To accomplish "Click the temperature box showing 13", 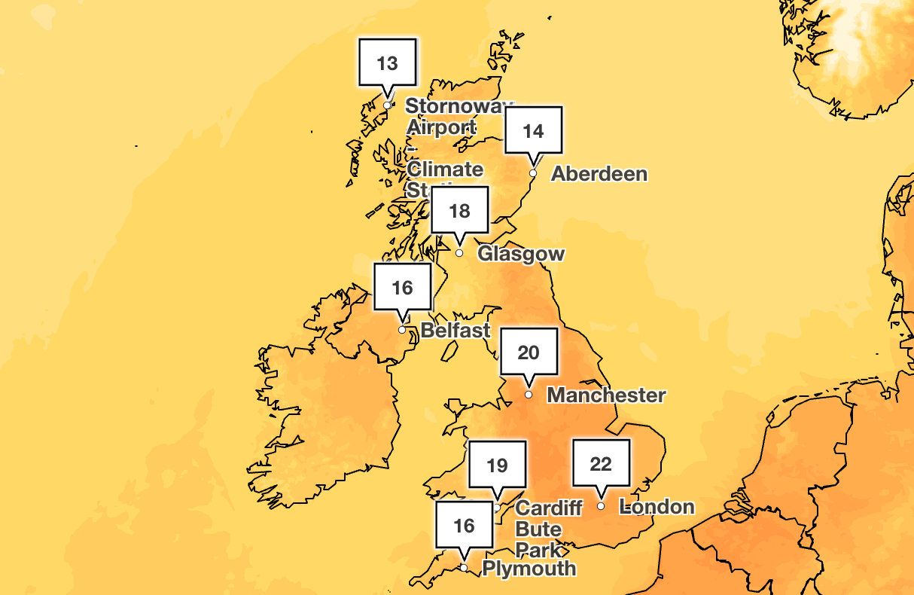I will pyautogui.click(x=387, y=63).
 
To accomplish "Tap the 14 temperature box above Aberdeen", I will pyautogui.click(x=533, y=131).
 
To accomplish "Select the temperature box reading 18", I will pyautogui.click(x=459, y=210).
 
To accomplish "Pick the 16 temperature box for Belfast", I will pyautogui.click(x=403, y=287).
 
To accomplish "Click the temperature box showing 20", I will pyautogui.click(x=529, y=352).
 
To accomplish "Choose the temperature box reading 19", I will pyautogui.click(x=497, y=465).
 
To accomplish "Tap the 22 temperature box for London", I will pyautogui.click(x=601, y=463).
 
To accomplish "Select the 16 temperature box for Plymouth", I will pyautogui.click(x=465, y=525).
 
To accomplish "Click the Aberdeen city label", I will pyautogui.click(x=599, y=174).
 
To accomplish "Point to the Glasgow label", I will pyautogui.click(x=521, y=254).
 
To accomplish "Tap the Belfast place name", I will pyautogui.click(x=455, y=330).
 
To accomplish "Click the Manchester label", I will pyautogui.click(x=606, y=395).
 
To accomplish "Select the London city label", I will pyautogui.click(x=657, y=506).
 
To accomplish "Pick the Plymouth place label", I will pyautogui.click(x=529, y=568).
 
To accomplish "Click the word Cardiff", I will pyautogui.click(x=549, y=508).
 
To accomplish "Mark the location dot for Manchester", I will pyautogui.click(x=529, y=395).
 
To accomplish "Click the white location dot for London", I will pyautogui.click(x=601, y=506).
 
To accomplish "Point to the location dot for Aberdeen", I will pyautogui.click(x=533, y=173).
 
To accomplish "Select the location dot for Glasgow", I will pyautogui.click(x=459, y=253).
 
